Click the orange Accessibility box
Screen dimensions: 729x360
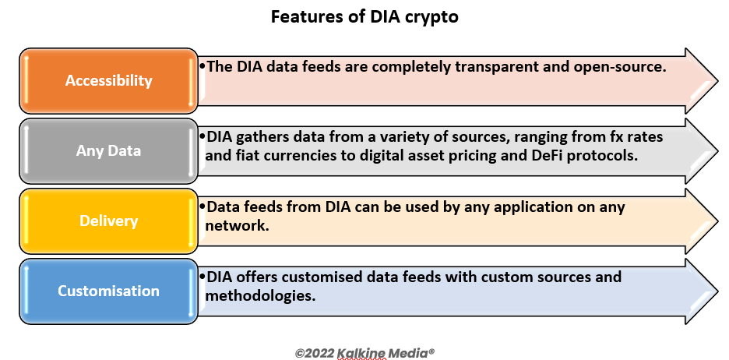coord(108,80)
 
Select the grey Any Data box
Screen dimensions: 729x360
coord(108,150)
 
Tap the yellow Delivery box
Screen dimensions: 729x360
coord(108,221)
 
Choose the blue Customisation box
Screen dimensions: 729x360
coord(108,291)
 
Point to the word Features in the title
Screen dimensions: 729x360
coord(305,16)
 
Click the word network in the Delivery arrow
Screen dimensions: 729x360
coord(237,226)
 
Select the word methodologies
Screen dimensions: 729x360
coord(260,296)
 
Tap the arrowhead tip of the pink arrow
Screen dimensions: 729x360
coord(718,80)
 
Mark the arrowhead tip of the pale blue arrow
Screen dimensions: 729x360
coord(718,291)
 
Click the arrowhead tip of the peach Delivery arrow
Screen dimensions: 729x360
coord(718,221)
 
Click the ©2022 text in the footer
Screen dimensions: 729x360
coord(315,353)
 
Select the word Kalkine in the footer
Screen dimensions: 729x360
coord(361,354)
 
